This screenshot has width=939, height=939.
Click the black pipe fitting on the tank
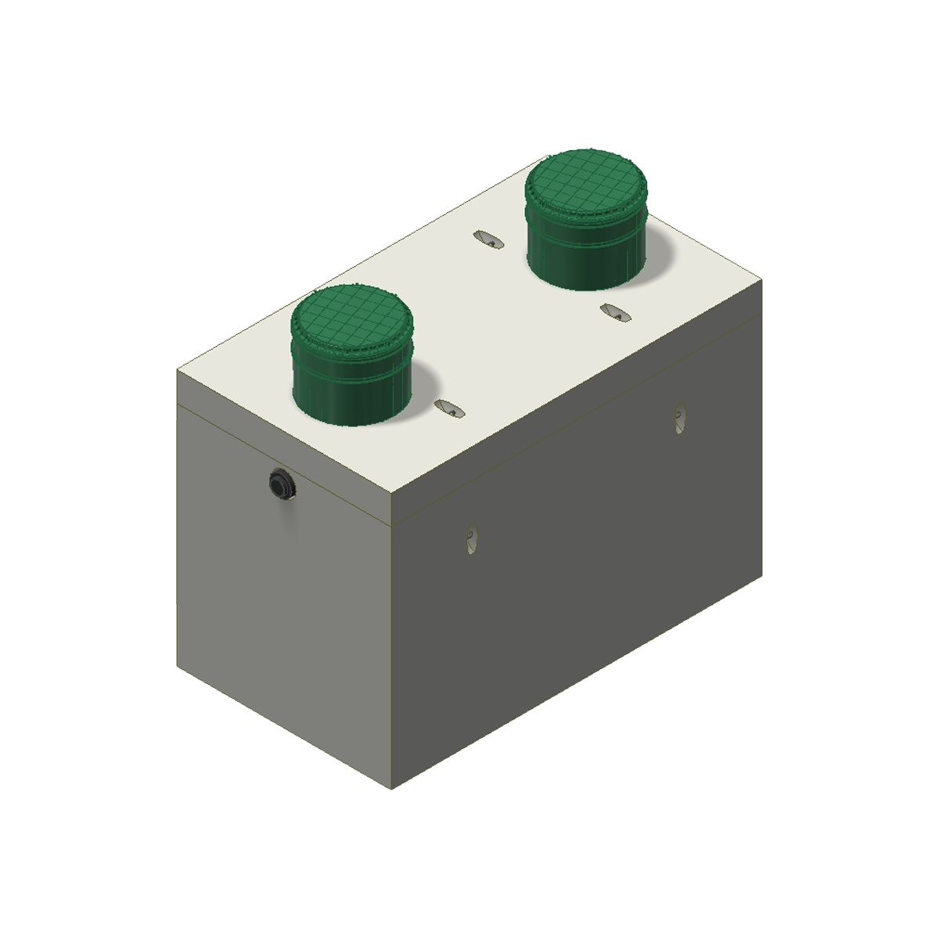click(x=280, y=484)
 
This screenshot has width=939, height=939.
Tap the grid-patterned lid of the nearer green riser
click(x=351, y=319)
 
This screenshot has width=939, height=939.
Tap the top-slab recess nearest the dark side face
click(x=615, y=312)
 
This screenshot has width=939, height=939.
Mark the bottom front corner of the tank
click(x=391, y=789)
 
